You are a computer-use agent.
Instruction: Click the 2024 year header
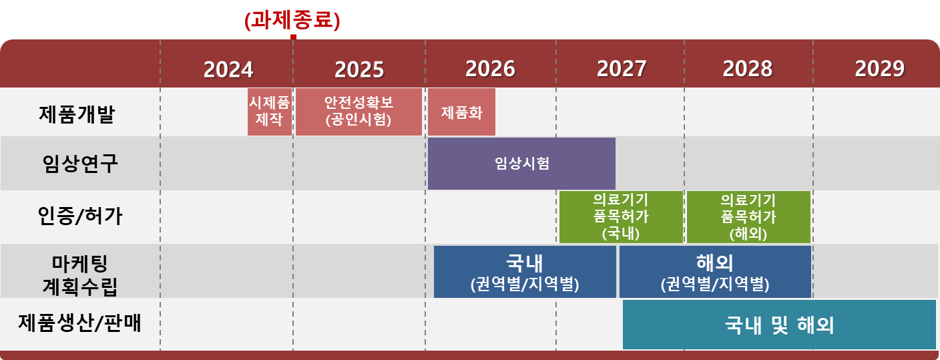pos(228,69)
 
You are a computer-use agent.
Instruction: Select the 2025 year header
pos(359,69)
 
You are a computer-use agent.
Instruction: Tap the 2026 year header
pos(491,69)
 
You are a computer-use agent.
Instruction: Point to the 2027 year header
pos(622,69)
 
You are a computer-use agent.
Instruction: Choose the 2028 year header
pos(748,69)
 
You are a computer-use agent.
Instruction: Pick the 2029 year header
pos(879,69)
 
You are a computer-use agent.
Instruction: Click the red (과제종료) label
pos(292,21)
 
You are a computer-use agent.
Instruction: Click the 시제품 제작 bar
pos(269,112)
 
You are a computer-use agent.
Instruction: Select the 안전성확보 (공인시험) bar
pos(359,112)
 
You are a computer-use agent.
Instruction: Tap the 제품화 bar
pos(461,112)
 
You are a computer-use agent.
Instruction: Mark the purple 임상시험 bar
pos(521,164)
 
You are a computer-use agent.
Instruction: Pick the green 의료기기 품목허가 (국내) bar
pos(621,217)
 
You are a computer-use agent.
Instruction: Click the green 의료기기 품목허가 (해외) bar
pos(748,217)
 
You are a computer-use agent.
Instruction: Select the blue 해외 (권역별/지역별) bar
pos(715,271)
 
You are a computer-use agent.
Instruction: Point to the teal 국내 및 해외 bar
pos(779,325)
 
